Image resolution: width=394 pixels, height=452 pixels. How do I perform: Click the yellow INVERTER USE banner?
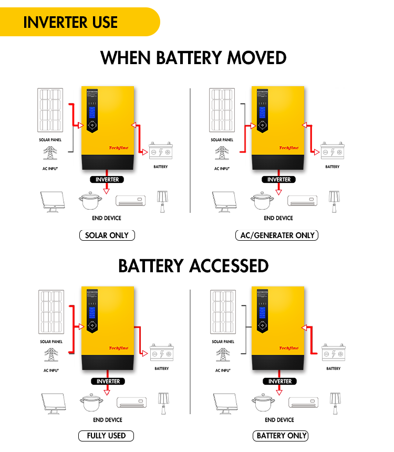coord(71,22)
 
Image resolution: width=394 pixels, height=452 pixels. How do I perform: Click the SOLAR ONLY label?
coord(107,235)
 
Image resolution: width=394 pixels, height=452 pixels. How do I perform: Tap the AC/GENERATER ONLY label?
coord(277,235)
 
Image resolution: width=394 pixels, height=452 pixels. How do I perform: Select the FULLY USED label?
coord(106,436)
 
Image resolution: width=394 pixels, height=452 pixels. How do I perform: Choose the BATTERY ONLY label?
coord(282,436)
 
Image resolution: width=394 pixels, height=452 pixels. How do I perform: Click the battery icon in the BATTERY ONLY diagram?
coord(334,352)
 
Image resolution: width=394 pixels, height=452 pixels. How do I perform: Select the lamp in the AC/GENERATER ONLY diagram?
coord(333,201)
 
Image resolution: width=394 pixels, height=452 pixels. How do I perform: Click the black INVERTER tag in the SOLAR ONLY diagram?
coord(107,180)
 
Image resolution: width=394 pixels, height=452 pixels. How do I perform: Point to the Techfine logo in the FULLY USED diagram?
coord(118,348)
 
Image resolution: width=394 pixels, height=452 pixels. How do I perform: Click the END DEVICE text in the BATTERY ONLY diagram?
coord(279,420)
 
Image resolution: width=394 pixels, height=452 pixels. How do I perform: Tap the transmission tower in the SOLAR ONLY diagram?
coord(50,153)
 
